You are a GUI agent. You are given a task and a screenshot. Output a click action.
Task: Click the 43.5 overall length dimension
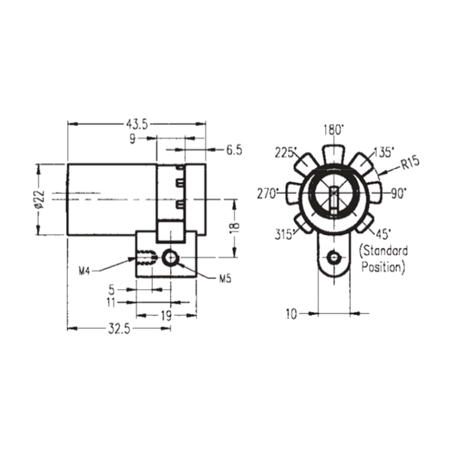(x=137, y=124)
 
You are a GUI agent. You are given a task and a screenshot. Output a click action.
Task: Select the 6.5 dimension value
(x=234, y=151)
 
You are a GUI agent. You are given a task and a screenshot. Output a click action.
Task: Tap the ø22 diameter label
(x=39, y=199)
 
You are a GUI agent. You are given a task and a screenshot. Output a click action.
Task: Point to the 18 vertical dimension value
(x=235, y=225)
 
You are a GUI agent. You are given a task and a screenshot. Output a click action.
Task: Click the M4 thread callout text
(x=85, y=271)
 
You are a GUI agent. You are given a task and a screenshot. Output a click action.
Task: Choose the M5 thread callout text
(x=225, y=278)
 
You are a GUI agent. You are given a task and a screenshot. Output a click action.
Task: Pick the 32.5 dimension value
(x=119, y=329)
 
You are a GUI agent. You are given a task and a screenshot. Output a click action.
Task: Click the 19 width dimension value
(x=166, y=316)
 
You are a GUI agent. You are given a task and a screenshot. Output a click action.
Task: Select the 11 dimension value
(x=111, y=302)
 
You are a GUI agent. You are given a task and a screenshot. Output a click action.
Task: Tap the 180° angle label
(x=333, y=130)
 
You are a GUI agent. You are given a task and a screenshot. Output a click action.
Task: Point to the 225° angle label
(x=286, y=153)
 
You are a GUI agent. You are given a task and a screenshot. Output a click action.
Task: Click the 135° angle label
(x=384, y=153)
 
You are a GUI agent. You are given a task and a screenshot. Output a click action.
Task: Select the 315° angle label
(x=284, y=234)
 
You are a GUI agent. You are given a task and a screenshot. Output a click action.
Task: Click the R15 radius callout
(x=410, y=163)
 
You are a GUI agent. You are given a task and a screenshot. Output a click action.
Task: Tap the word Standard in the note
(x=383, y=251)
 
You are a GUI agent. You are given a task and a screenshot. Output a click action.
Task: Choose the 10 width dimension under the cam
(x=292, y=314)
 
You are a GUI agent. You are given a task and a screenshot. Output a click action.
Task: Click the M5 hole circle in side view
(x=171, y=257)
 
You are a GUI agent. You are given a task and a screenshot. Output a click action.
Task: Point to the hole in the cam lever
(x=334, y=257)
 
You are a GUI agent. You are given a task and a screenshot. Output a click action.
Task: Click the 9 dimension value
(x=133, y=139)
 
